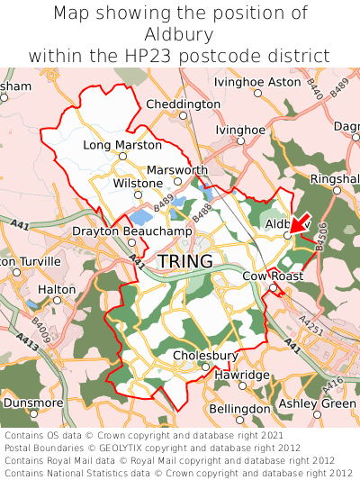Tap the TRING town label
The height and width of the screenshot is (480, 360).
click(185, 261)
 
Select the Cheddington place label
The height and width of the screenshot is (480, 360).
click(183, 104)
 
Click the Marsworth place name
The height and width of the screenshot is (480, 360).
click(177, 170)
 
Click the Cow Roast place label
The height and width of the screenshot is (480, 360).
click(274, 276)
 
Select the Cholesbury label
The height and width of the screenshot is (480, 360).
click(205, 356)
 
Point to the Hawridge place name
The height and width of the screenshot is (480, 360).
click(242, 375)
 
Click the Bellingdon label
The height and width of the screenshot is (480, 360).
click(239, 409)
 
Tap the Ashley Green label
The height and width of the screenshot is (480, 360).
click(317, 403)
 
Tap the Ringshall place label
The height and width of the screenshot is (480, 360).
click(334, 179)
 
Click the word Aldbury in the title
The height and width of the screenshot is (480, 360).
click(180, 35)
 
